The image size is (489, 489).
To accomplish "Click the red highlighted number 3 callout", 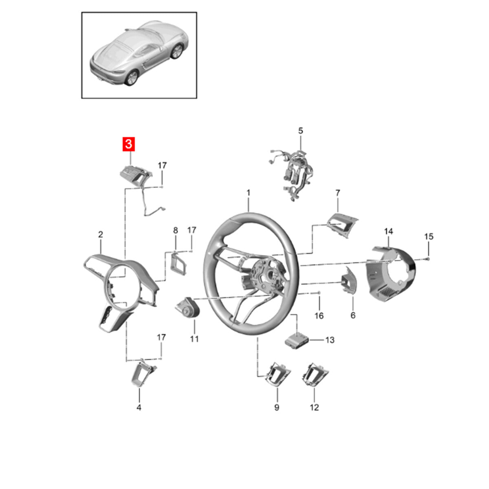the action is point(129,144).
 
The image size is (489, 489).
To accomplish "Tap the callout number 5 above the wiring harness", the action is point(300,131).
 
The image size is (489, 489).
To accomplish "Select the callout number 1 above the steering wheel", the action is point(249,193).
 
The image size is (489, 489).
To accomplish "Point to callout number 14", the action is point(388,231).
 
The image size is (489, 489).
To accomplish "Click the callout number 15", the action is point(429,236).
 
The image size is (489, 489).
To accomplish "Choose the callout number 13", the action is point(330,340).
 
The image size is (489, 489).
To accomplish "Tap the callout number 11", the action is point(194,339).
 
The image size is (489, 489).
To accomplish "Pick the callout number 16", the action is point(319,316).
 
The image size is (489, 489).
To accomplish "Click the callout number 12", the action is point(314,407).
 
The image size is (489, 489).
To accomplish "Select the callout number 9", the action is point(277,407).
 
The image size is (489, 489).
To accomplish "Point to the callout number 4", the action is point(139,407).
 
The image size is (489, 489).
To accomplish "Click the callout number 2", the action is point(101,234).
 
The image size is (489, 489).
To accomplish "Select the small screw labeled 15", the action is point(428,258).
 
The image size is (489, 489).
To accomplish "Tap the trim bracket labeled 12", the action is point(315,375).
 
